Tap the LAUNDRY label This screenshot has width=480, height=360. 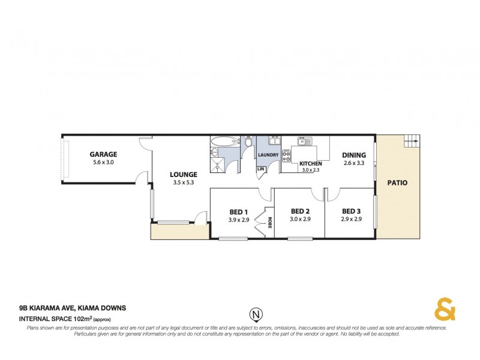268,155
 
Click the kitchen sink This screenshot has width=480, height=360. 304,142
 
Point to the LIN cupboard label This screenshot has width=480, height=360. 260,169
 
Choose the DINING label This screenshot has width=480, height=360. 354,154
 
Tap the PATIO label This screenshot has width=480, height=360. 397,182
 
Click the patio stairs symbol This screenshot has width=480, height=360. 412,142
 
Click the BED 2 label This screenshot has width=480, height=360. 300,211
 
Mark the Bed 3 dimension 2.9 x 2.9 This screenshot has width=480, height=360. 351,220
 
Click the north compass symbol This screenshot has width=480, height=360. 256,313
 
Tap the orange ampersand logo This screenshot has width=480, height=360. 445,309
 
